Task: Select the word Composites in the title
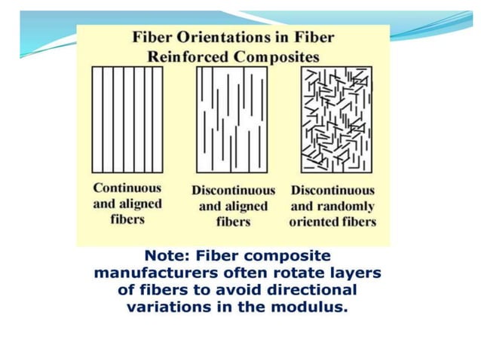[x=276, y=56]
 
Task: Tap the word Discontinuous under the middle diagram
[x=232, y=190]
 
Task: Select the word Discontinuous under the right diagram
[x=332, y=190]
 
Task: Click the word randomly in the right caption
[x=348, y=206]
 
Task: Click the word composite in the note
[x=289, y=256]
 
